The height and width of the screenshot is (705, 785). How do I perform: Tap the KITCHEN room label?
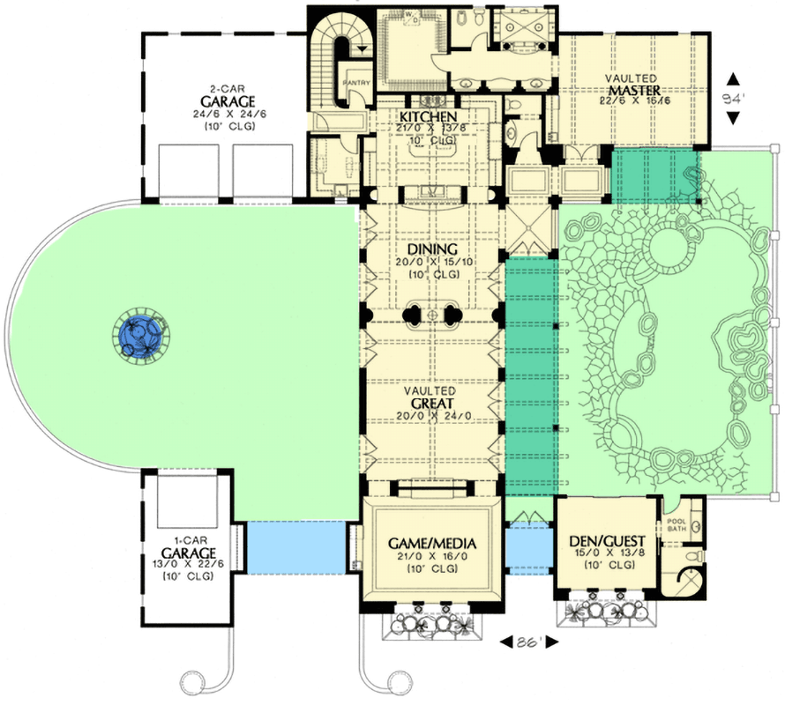(428, 117)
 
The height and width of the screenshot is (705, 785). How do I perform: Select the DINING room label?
(432, 249)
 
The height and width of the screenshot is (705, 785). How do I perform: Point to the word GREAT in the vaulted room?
(431, 406)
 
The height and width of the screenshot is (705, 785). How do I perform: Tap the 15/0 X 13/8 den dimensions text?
(605, 554)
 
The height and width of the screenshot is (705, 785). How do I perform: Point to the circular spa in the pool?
(674, 255)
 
